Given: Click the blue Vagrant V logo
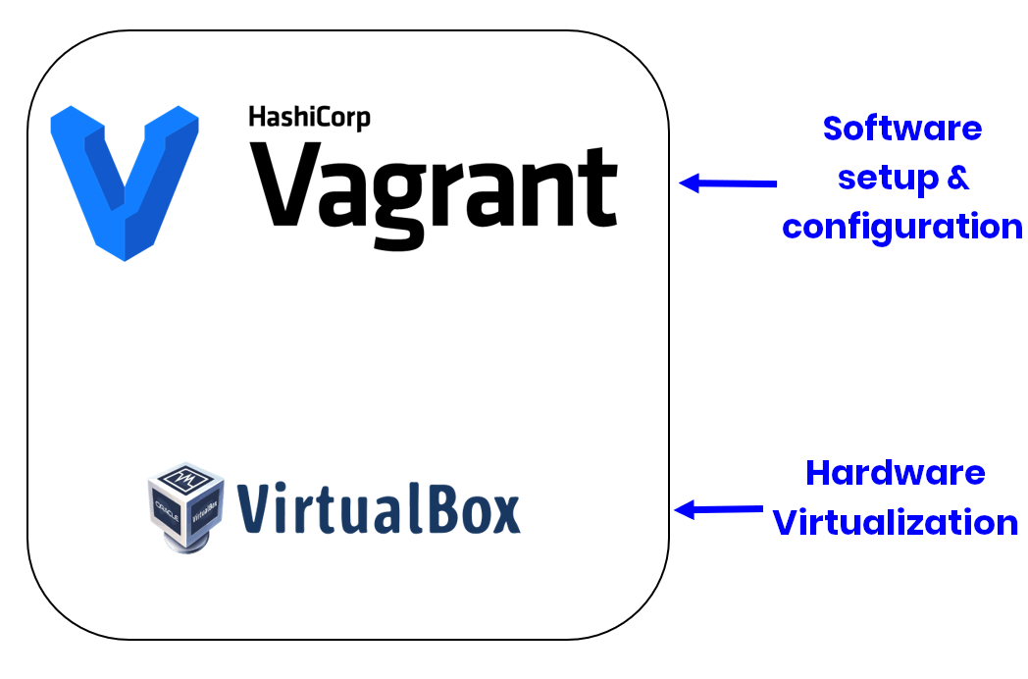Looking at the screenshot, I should click(x=124, y=177).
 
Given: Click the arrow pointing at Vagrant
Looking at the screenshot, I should click(x=728, y=183).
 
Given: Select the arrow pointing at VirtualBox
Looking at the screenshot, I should click(x=719, y=509).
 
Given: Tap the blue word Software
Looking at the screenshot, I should click(x=901, y=129).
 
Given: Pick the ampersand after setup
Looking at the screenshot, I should click(x=958, y=178).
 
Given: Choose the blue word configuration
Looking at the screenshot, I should click(x=901, y=227).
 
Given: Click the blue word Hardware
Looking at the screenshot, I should click(x=895, y=473).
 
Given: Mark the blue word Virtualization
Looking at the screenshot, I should click(x=895, y=522).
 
